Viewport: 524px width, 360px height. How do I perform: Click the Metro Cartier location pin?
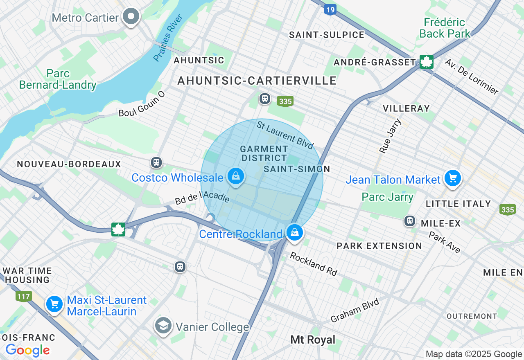pyautogui.click(x=131, y=17)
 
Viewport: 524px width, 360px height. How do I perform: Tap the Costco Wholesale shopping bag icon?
pyautogui.click(x=236, y=176)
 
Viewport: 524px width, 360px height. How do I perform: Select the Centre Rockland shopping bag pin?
pyautogui.click(x=294, y=232)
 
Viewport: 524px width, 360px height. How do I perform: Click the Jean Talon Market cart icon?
pyautogui.click(x=452, y=178)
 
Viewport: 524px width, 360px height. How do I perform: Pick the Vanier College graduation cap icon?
pyautogui.click(x=163, y=326)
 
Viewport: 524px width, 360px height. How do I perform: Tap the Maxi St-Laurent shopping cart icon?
pyautogui.click(x=54, y=304)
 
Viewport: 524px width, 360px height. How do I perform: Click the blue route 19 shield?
pyautogui.click(x=330, y=9)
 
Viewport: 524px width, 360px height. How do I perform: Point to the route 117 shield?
pyautogui.click(x=24, y=296)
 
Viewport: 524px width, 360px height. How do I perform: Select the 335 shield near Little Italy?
pyautogui.click(x=507, y=209)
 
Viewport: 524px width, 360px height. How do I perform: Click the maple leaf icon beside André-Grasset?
pyautogui.click(x=426, y=62)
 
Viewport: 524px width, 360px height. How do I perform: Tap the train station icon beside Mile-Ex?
pyautogui.click(x=409, y=221)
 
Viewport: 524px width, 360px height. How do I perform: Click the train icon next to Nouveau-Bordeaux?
pyautogui.click(x=156, y=162)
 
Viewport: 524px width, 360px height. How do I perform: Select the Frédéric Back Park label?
pyautogui.click(x=445, y=28)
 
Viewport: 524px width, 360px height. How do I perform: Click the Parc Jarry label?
pyautogui.click(x=387, y=197)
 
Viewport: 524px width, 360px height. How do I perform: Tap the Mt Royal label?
pyautogui.click(x=313, y=340)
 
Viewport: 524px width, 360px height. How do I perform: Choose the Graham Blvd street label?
pyautogui.click(x=355, y=310)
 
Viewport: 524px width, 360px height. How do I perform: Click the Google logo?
pyautogui.click(x=27, y=350)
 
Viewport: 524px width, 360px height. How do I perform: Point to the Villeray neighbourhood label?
pyautogui.click(x=406, y=108)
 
